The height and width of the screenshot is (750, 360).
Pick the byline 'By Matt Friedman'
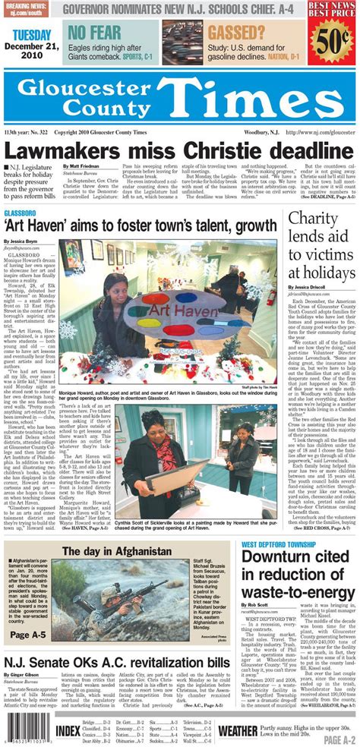click(x=82, y=166)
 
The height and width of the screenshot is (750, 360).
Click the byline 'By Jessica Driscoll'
click(x=307, y=289)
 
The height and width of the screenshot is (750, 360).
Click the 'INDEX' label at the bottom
click(x=68, y=730)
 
